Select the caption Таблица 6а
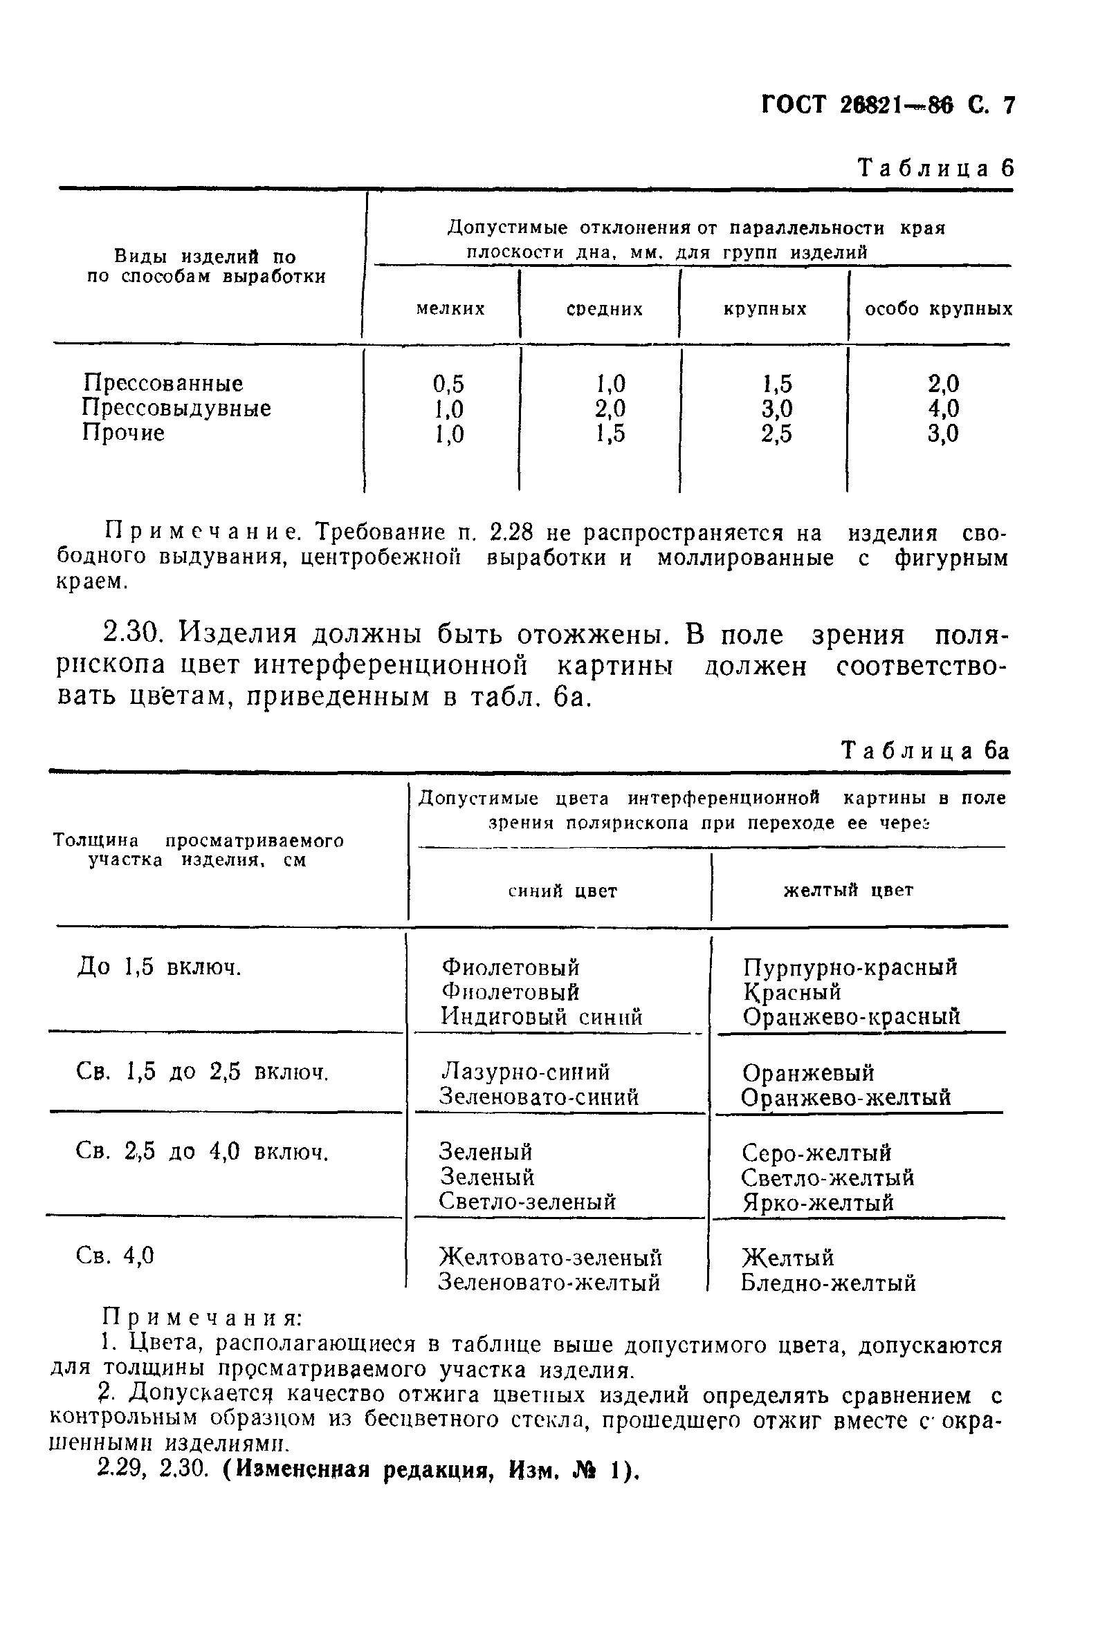(925, 750)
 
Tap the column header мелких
(450, 309)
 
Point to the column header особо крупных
(938, 309)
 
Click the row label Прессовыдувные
(176, 408)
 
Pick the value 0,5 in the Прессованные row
(448, 384)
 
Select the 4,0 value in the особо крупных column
(943, 408)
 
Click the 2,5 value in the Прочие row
(776, 434)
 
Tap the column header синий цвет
(562, 891)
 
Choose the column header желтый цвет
(848, 891)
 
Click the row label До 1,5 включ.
(158, 968)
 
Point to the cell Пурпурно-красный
(850, 968)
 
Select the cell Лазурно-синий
(525, 1072)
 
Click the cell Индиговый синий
(542, 1016)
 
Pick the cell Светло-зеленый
(527, 1202)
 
